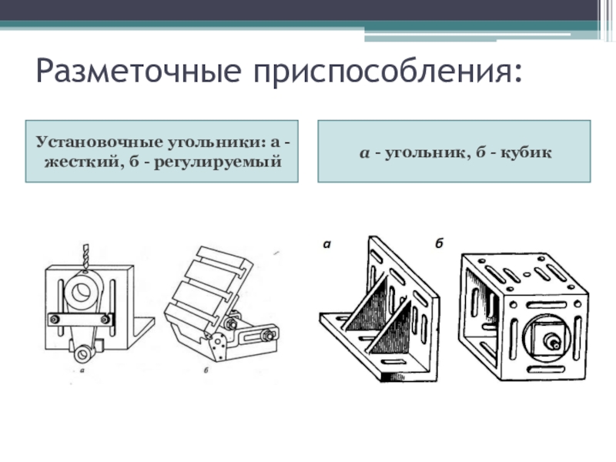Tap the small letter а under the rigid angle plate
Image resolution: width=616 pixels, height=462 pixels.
(x=81, y=370)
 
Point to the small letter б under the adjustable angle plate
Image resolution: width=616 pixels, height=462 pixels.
(x=207, y=370)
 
